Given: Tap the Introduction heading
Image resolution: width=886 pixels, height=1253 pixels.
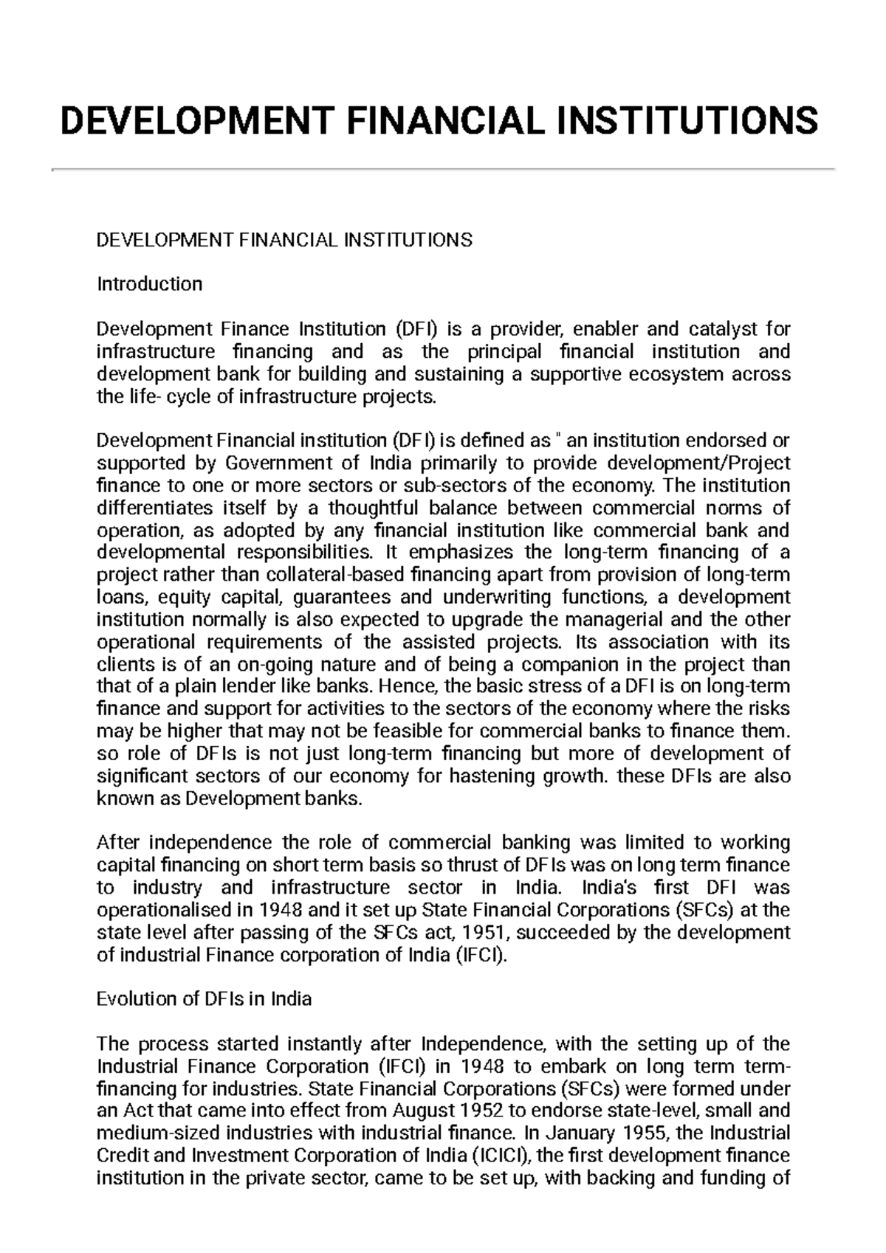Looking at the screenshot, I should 149,284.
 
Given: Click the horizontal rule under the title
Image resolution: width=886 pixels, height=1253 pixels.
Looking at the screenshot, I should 443,170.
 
